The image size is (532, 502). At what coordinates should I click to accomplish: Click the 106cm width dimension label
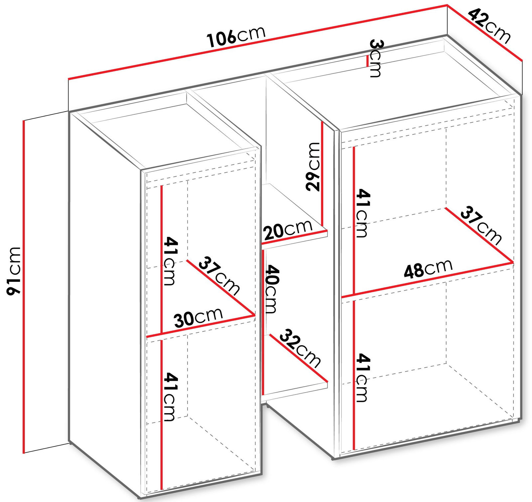[x=236, y=36]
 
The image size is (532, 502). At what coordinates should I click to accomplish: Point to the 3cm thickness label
[x=376, y=58]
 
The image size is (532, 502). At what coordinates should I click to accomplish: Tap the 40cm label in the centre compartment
[x=270, y=289]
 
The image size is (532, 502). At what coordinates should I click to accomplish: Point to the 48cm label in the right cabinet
[x=428, y=268]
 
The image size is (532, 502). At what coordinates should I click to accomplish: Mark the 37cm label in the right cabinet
[x=481, y=225]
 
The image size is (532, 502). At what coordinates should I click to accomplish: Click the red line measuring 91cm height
[x=24, y=286]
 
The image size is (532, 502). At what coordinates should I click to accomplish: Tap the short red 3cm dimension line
[x=367, y=61]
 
